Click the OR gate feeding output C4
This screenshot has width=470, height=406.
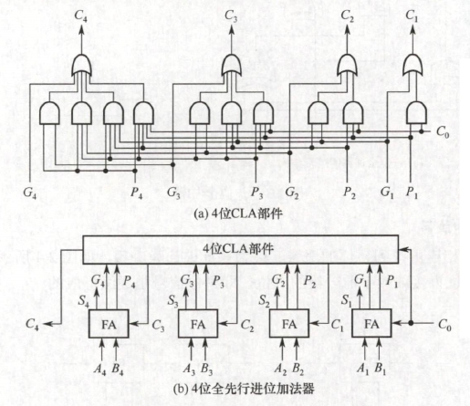(81, 66)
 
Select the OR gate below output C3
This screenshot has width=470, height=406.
(232, 66)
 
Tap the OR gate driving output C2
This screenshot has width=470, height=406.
(348, 66)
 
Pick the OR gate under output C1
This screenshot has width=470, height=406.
(413, 66)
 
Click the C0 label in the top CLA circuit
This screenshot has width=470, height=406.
(443, 132)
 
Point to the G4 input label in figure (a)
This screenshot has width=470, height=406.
(29, 193)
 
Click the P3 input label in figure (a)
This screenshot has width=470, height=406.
(256, 193)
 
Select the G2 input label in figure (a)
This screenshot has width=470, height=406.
(292, 193)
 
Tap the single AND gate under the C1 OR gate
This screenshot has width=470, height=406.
(416, 113)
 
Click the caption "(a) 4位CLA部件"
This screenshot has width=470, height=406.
(238, 214)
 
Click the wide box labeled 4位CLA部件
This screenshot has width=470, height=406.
(241, 249)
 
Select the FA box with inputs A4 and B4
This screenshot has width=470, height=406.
(109, 324)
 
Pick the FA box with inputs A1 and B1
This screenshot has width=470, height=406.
(371, 324)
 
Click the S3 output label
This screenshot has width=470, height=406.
(172, 301)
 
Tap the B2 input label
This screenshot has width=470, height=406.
(298, 369)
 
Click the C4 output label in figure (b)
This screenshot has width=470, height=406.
(32, 324)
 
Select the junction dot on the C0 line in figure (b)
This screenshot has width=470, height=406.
(411, 323)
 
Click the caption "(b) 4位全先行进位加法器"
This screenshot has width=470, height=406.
(244, 390)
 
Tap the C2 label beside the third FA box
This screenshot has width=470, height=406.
(247, 326)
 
